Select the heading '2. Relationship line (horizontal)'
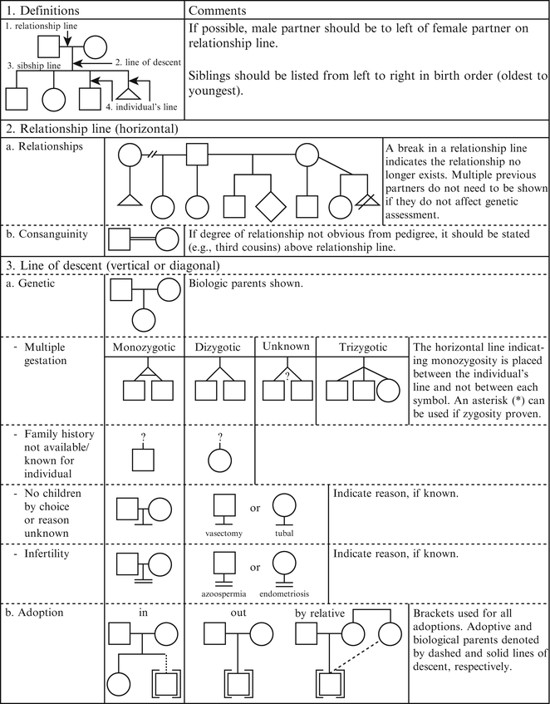coord(101,129)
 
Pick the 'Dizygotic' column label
coord(219,346)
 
